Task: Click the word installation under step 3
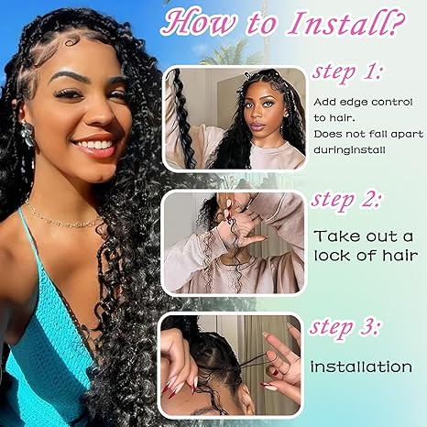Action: pos(360,367)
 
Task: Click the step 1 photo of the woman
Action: pos(235,118)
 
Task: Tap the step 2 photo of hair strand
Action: pos(235,243)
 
